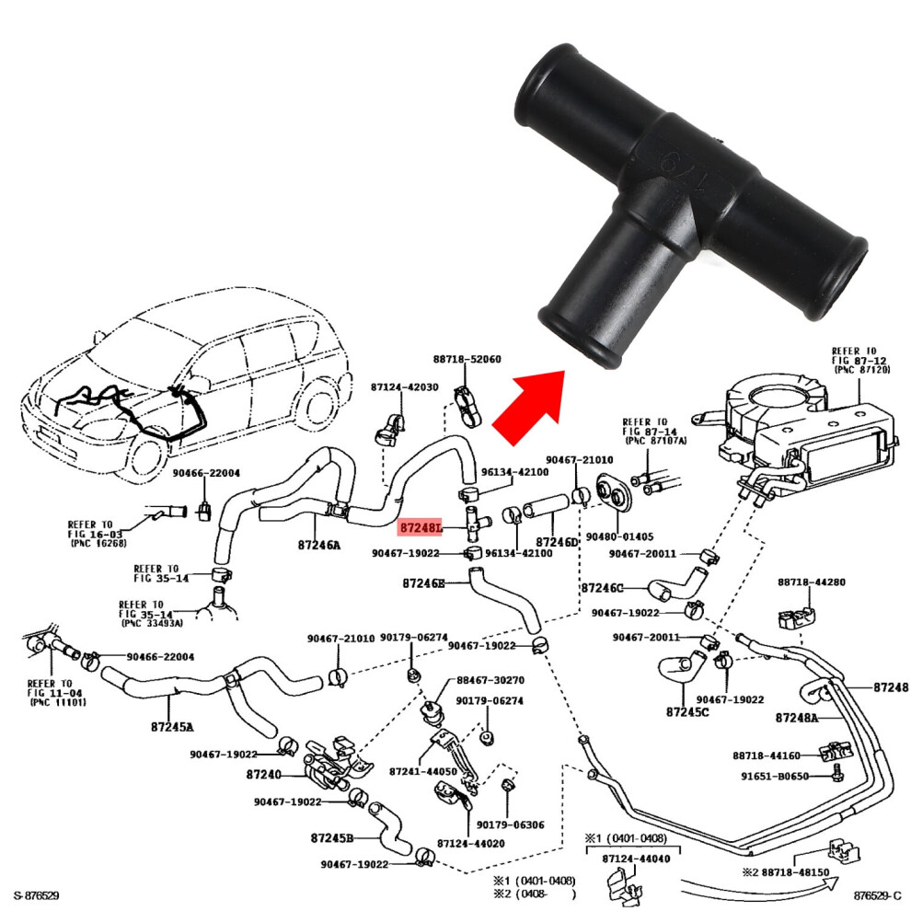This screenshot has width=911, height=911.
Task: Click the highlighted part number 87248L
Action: tap(421, 528)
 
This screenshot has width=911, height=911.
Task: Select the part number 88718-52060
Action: tap(467, 359)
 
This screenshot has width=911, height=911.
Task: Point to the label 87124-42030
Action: tap(404, 386)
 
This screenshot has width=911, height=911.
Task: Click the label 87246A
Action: tap(319, 545)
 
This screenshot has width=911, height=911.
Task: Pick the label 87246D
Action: tap(557, 542)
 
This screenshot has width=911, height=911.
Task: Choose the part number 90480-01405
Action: tap(619, 536)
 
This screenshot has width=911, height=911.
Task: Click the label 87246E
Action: tap(423, 582)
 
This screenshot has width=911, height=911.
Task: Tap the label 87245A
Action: tap(172, 727)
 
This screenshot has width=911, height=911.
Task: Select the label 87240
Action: tap(264, 775)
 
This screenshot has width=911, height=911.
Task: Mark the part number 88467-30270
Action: tap(490, 680)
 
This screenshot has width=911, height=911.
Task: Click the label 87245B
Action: tap(332, 838)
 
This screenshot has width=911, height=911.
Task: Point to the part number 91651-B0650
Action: tap(775, 777)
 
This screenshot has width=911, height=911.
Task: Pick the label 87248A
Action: tap(797, 718)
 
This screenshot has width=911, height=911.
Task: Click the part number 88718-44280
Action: tap(812, 582)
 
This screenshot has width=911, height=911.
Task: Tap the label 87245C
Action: tap(687, 711)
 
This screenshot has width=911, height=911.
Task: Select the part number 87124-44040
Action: tap(636, 859)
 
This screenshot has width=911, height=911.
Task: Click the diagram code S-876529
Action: tap(37, 896)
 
